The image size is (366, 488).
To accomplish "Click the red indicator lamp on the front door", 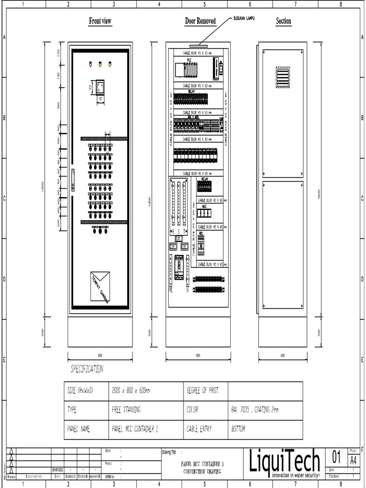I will pos(90,64).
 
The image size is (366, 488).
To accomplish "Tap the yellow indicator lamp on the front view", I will pos(100,64).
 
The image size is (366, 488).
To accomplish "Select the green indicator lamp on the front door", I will pos(110,64).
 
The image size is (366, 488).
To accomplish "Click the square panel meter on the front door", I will pos(100,88).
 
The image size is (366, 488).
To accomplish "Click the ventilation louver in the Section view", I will pos(283,77).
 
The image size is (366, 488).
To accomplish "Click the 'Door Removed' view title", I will pos(200,21).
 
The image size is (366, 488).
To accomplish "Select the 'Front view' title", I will pos(100,21).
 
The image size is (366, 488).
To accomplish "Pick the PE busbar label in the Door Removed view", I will pos(170,289).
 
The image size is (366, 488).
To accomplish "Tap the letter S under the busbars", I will pos(179,231).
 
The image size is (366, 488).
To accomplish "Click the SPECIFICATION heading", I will pos(87,369).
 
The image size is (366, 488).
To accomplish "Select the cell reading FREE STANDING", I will pos(126,410).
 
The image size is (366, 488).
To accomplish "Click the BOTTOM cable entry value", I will pos(238,429).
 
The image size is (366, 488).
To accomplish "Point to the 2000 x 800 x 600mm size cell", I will pos(131,391).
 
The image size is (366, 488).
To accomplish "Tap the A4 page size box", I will pos(353,460).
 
